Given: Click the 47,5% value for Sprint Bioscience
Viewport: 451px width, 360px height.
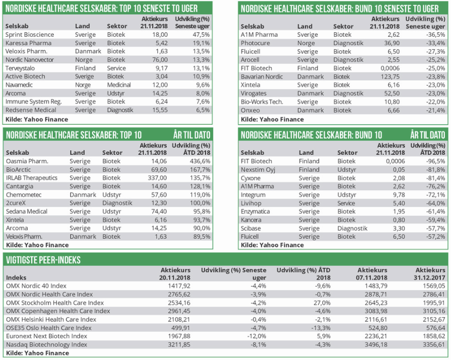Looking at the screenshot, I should click(x=201, y=35).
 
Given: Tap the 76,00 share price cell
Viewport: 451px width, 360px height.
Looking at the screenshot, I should click(x=160, y=60).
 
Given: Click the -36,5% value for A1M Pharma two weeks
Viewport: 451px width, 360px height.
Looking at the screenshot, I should click(x=435, y=35).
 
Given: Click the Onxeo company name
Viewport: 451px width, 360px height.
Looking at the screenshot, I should click(x=250, y=110).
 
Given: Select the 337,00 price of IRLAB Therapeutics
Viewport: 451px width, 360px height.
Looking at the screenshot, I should click(x=158, y=178).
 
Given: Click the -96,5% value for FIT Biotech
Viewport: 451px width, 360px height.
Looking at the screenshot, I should click(x=435, y=161).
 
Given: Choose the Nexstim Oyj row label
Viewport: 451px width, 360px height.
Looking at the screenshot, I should click(x=258, y=169).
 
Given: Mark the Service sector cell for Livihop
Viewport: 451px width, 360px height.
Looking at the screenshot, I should click(x=347, y=203).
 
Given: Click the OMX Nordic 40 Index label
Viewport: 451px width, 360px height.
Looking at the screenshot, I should click(x=36, y=286).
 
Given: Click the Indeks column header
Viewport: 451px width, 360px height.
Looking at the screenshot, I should click(x=16, y=278).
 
